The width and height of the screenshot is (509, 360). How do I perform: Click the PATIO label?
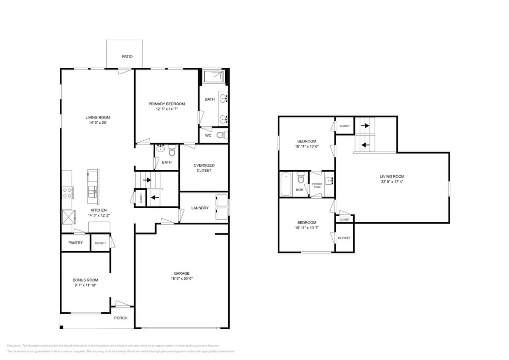pos(127,56)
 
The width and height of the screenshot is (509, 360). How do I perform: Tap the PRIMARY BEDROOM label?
pos(166,104)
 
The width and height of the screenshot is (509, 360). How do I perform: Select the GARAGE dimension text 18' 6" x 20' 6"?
pos(181,279)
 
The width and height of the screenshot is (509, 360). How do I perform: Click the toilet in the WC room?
pos(221,135)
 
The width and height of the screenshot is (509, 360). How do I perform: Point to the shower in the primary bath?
pos(213,76)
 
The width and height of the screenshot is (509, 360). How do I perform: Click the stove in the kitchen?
pos(67,193)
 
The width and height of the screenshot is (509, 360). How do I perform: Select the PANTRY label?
pos(76,243)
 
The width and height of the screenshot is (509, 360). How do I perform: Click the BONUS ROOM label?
pos(85,280)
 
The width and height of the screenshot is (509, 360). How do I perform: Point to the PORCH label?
pos(121,318)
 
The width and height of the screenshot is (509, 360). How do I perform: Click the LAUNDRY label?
pos(200,208)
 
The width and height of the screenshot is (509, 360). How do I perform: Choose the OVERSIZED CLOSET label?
pos(204,168)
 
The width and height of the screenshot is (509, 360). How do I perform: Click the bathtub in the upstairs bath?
pos(286,184)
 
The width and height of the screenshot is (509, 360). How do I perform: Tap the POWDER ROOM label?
pos(317,186)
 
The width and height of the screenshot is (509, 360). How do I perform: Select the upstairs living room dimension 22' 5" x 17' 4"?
pos(392,181)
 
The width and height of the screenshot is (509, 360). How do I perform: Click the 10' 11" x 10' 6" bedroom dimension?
pos(307,146)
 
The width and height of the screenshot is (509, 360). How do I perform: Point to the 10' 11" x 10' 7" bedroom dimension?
pos(307,227)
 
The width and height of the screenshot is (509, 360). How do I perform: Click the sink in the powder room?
pos(329,181)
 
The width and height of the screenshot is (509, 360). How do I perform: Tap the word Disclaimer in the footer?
pos(15,345)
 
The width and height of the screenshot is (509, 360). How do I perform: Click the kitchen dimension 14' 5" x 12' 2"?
pos(99,215)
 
